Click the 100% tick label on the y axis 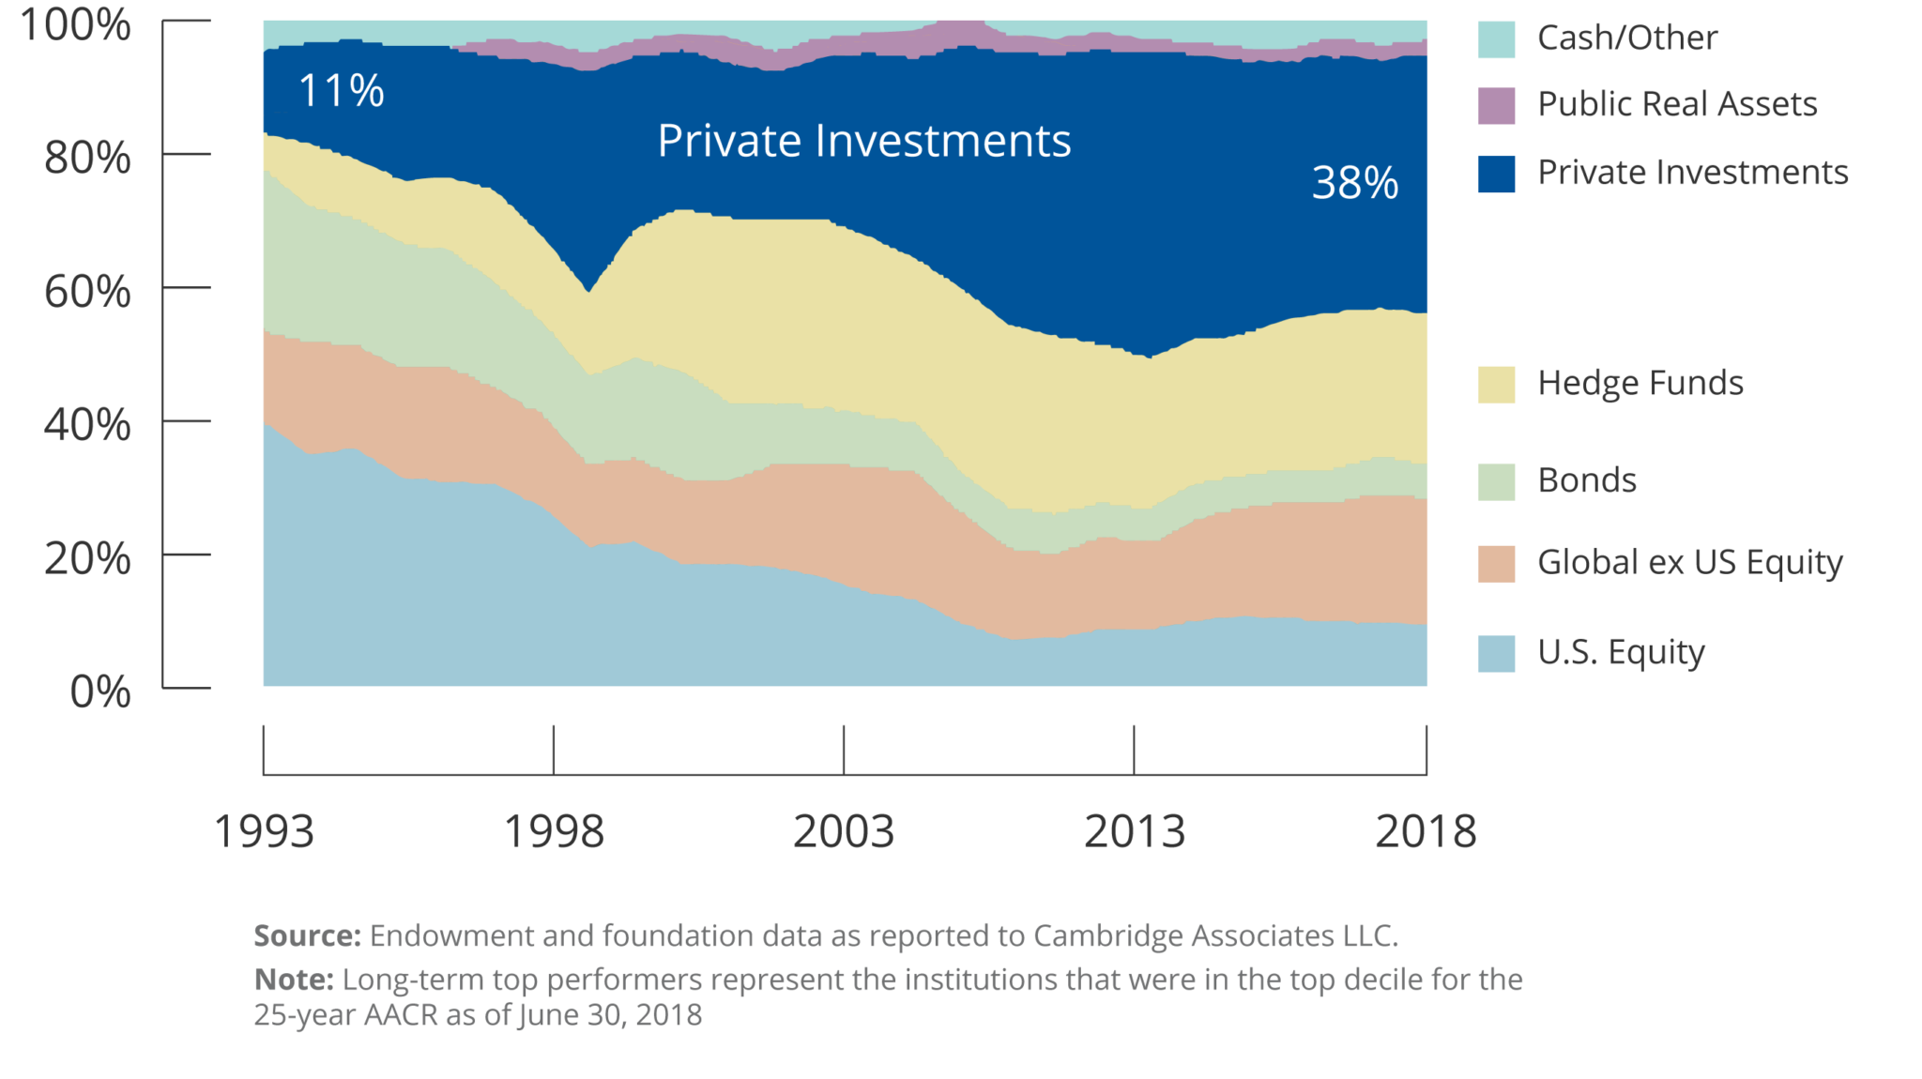(x=75, y=24)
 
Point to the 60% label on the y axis (x=87, y=292)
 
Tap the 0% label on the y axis (x=100, y=692)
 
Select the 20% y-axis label (x=87, y=559)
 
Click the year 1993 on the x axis (x=264, y=831)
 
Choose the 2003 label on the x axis (x=844, y=831)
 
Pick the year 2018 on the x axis (x=1426, y=831)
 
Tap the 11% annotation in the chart (x=341, y=91)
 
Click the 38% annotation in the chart (x=1354, y=182)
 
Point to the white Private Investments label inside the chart (x=863, y=141)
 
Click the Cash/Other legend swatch (x=1496, y=39)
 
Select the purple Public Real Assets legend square (x=1496, y=106)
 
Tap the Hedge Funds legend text (x=1640, y=384)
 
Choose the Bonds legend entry (x=1587, y=480)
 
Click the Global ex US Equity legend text (x=1689, y=562)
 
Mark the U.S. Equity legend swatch (x=1496, y=654)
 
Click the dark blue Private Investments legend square (x=1496, y=175)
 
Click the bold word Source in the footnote (x=307, y=935)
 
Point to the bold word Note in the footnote (x=293, y=980)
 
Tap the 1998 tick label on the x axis (x=554, y=831)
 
